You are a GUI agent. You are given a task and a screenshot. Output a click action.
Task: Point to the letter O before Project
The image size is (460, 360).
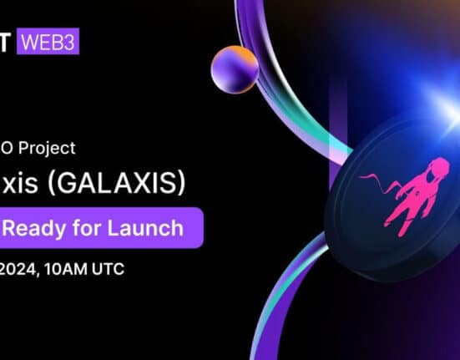[8, 148]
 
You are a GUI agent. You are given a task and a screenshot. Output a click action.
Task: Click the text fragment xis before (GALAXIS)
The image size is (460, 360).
[24, 185]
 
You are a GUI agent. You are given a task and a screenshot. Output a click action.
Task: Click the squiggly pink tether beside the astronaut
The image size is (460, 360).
[372, 180]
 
